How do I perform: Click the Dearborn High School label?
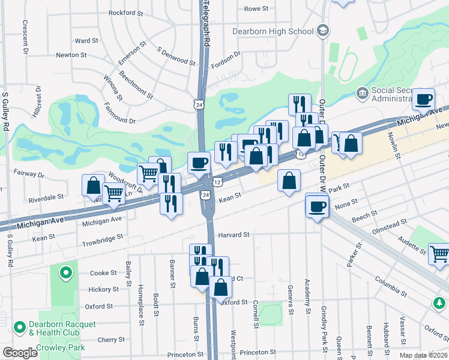tap(273, 31)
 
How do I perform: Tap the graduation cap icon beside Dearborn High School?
tap(323, 31)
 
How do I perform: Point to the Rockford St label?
tap(126, 12)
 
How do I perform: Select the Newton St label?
tap(71, 55)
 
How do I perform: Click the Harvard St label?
tap(233, 235)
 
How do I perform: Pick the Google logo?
tap(19, 353)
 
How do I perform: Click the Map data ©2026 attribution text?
tap(423, 355)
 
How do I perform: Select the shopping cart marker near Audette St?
tap(439, 254)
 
